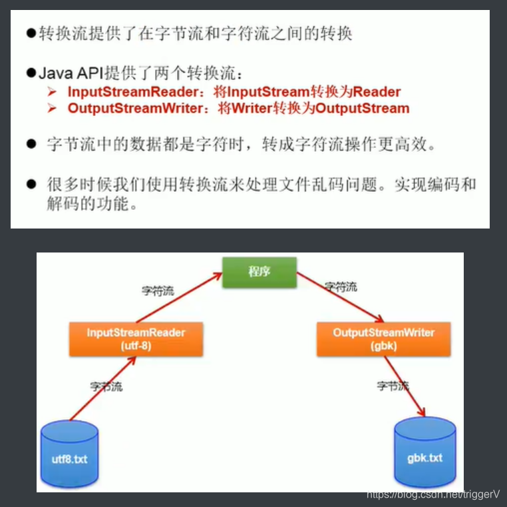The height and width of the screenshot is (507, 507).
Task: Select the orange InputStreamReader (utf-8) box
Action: pyautogui.click(x=136, y=338)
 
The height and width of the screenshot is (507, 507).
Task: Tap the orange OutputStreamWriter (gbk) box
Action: pyautogui.click(x=383, y=338)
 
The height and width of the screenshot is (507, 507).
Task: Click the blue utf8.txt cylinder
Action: pyautogui.click(x=69, y=453)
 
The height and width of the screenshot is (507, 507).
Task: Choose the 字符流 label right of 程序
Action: pyautogui.click(x=341, y=287)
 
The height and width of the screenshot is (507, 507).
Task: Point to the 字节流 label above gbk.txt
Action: pyautogui.click(x=393, y=385)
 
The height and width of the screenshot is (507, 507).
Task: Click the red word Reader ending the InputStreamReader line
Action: pyautogui.click(x=377, y=91)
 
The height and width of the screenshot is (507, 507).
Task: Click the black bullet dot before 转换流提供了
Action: pyautogui.click(x=31, y=33)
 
